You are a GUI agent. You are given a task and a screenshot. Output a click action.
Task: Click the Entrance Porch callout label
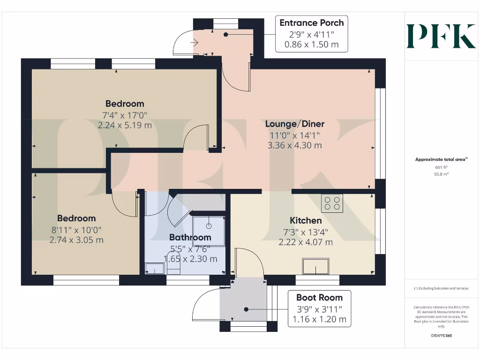(x=312, y=34)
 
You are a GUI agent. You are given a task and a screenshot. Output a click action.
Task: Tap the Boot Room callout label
(x=319, y=308)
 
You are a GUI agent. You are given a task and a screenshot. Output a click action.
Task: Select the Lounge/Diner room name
(x=295, y=124)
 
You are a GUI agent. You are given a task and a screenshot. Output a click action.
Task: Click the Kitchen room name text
(x=306, y=220)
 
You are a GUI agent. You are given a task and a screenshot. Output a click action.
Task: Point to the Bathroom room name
(x=190, y=237)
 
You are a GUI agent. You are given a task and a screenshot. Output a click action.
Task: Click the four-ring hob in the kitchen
(x=332, y=203)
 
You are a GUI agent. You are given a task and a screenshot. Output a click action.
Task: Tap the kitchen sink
(x=315, y=266)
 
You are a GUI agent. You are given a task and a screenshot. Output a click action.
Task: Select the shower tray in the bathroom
(x=209, y=231)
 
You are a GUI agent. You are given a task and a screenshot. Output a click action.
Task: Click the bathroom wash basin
(x=155, y=268)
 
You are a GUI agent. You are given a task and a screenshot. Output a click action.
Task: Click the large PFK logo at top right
(x=441, y=36)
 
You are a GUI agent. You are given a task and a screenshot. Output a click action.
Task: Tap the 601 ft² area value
(x=441, y=167)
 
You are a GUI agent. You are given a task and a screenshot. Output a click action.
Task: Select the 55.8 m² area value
(x=441, y=174)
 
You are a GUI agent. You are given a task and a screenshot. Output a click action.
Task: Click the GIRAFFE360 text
(x=441, y=336)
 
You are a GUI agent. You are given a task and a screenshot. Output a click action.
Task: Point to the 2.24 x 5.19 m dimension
(x=125, y=125)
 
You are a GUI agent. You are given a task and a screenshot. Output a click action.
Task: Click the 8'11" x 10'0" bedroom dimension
(x=76, y=230)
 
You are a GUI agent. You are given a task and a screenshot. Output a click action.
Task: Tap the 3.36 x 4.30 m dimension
(x=295, y=145)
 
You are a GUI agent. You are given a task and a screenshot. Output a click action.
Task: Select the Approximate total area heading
(x=441, y=159)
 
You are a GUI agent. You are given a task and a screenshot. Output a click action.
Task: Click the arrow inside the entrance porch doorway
(x=194, y=43)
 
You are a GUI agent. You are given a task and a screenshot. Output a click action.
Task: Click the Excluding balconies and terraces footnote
(x=441, y=288)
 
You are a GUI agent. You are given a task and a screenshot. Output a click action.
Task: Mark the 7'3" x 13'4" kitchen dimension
(x=306, y=232)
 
